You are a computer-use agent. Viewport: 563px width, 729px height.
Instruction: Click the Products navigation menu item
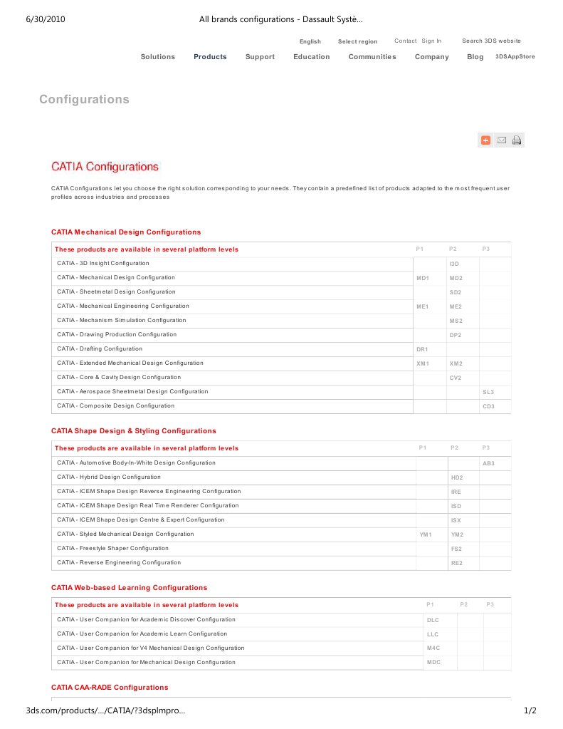point(210,57)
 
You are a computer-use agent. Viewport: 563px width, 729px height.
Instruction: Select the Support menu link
point(260,57)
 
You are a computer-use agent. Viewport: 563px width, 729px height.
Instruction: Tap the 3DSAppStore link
point(515,56)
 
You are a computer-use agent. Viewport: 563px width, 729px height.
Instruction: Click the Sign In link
point(431,41)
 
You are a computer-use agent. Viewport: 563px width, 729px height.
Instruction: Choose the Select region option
point(357,42)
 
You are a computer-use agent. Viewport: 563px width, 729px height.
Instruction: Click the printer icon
point(517,140)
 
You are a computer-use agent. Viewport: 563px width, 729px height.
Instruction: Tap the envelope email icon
point(501,140)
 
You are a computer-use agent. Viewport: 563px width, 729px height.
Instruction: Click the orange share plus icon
point(486,140)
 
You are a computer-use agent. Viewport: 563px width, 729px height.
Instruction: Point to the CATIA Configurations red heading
point(105,167)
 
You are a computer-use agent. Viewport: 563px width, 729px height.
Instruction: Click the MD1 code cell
point(423,278)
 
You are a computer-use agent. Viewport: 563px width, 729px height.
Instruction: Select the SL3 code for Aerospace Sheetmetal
point(488,392)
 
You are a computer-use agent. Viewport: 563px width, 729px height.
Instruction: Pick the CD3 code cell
point(488,406)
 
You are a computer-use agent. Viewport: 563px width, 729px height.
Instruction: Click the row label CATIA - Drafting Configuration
point(100,349)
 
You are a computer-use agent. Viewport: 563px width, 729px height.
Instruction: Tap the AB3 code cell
point(488,463)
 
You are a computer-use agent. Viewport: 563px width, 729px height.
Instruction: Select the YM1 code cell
point(426,534)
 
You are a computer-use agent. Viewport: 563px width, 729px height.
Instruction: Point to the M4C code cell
point(433,648)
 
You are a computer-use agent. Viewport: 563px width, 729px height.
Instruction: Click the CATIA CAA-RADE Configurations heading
point(110,688)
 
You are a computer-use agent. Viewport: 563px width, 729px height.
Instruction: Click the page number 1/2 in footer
point(530,710)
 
